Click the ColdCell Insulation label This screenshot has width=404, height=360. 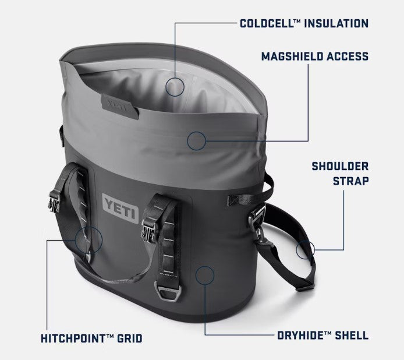[304, 24]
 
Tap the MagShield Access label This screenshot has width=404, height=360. [314, 57]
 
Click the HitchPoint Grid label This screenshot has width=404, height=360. [91, 338]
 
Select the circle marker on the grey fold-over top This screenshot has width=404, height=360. [197, 140]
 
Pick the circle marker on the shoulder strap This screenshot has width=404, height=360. [304, 250]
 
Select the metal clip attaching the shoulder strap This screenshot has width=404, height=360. [256, 221]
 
